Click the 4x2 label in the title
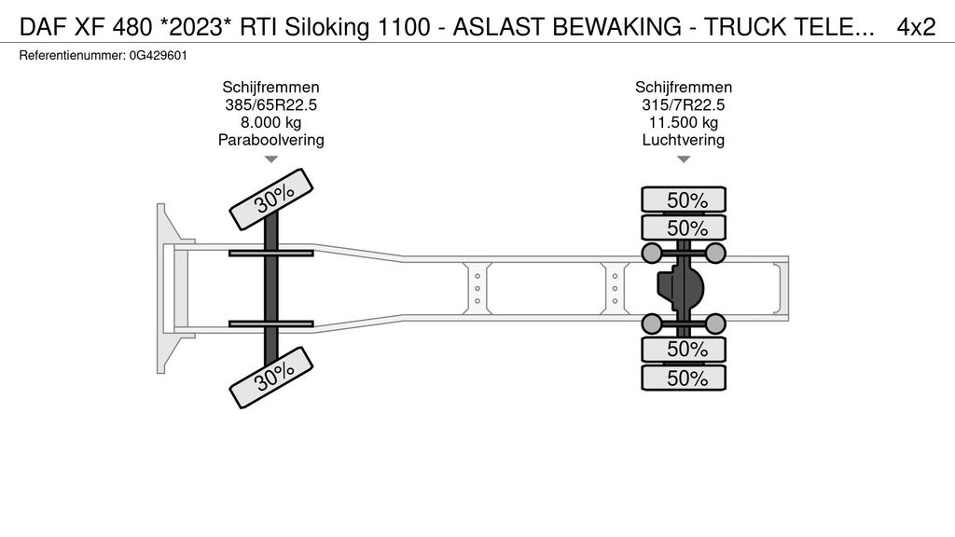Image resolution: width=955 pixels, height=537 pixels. point(915,27)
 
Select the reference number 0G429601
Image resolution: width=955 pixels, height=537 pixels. point(156,56)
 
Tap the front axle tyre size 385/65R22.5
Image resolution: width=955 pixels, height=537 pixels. point(270,105)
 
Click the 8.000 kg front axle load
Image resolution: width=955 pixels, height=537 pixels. point(270,123)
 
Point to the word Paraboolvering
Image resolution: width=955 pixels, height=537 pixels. point(270,141)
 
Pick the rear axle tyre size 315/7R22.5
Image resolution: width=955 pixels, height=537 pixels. point(683,105)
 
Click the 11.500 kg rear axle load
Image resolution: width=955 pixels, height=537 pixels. point(683,123)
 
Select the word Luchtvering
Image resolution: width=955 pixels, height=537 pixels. point(683,141)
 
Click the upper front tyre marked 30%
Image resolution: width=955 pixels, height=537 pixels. point(271,199)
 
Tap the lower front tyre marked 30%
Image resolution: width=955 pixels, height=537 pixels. point(271,377)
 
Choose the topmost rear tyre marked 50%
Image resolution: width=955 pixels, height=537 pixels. point(684,200)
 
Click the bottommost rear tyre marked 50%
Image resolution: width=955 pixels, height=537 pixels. point(684,378)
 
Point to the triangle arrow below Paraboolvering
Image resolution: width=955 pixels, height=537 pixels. point(271,159)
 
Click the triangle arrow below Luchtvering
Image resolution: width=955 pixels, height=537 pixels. point(684,159)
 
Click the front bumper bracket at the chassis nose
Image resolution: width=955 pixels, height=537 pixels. point(167,288)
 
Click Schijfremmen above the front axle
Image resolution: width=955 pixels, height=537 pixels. point(270,88)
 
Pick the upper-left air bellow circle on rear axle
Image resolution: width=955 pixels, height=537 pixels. point(651,253)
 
